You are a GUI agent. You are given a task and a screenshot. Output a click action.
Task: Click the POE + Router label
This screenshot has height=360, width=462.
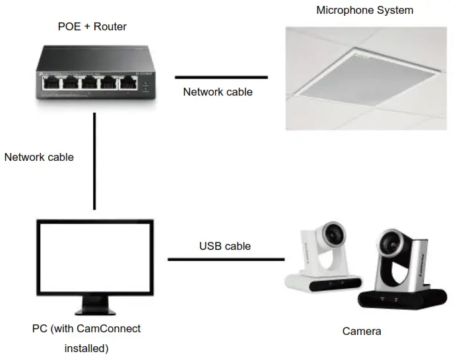click(92, 27)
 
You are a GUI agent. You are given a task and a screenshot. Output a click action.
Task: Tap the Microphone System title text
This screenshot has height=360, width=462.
click(364, 10)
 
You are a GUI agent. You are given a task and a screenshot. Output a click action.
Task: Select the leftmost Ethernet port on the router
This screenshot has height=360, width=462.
click(49, 84)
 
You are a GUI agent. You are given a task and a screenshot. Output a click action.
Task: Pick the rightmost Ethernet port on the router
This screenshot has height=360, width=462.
click(127, 84)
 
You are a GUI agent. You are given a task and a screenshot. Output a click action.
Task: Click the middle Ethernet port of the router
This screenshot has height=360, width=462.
click(88, 84)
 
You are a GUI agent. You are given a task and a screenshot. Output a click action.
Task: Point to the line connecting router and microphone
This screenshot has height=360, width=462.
click(220, 77)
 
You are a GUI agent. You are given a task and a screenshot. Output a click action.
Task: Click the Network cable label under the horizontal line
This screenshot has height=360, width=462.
click(217, 92)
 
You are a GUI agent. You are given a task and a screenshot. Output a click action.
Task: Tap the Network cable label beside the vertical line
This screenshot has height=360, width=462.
click(39, 158)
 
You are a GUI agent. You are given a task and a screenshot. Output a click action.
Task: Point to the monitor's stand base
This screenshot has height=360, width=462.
click(95, 310)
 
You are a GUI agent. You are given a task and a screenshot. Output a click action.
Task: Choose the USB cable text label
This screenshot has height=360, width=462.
click(224, 246)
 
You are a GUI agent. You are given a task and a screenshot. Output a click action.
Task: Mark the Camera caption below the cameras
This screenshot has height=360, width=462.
click(361, 331)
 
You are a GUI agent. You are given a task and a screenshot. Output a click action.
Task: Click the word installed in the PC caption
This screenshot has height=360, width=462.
click(86, 347)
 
